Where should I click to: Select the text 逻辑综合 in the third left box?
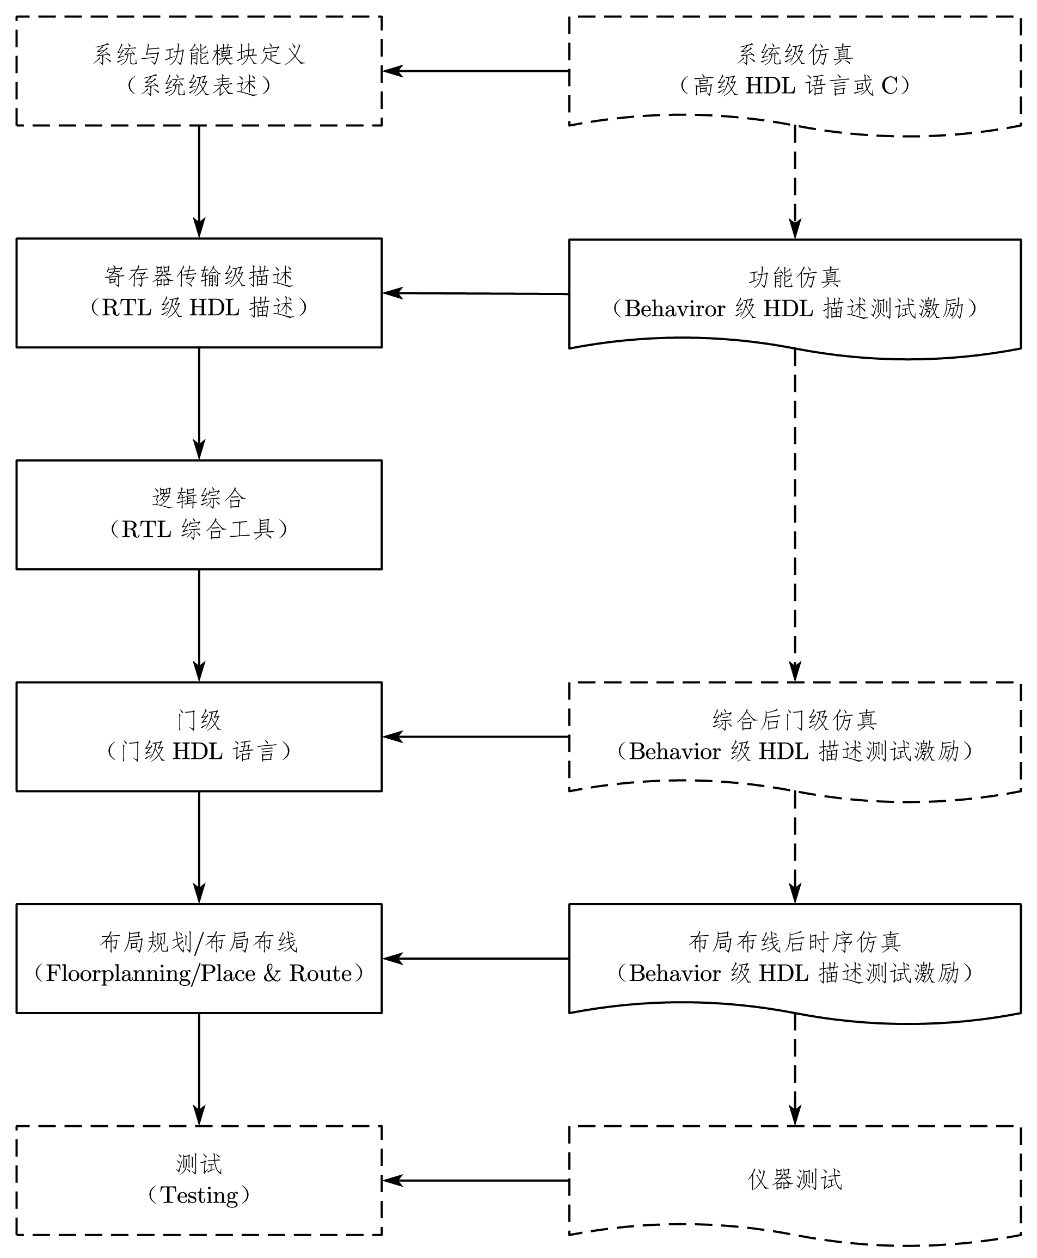click(x=199, y=498)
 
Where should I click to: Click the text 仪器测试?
click(x=794, y=1180)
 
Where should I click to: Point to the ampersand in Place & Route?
click(x=272, y=974)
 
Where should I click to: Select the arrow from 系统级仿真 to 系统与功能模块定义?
click(x=475, y=71)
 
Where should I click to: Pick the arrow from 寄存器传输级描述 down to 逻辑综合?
click(x=199, y=403)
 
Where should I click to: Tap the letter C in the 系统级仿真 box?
click(x=889, y=86)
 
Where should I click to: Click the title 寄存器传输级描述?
click(x=199, y=277)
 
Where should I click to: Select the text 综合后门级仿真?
click(x=794, y=720)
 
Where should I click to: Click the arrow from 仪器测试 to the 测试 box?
click(x=475, y=1180)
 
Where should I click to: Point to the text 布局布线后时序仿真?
click(x=794, y=942)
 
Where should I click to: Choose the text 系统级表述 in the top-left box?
click(x=199, y=86)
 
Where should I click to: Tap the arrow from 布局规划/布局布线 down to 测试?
click(x=199, y=1069)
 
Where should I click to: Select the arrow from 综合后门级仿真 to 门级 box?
click(x=475, y=737)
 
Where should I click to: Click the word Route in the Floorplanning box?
click(x=321, y=974)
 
